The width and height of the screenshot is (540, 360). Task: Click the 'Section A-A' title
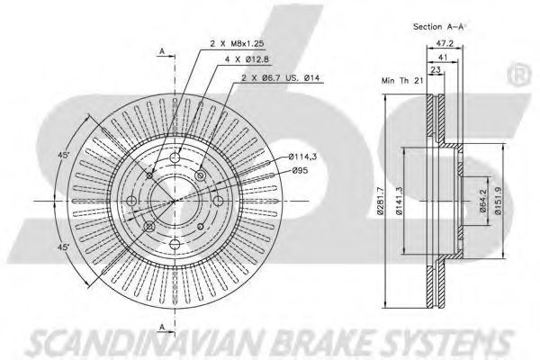pos(439,26)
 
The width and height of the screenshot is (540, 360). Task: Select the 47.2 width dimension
pos(445,44)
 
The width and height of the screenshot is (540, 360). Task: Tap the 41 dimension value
pos(443,58)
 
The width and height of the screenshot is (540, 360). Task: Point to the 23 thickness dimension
pos(436,70)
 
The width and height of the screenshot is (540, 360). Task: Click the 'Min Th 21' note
pos(402,81)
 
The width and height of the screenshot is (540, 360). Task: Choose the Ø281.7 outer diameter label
pos(380,201)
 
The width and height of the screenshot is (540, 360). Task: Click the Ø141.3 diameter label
pos(399,201)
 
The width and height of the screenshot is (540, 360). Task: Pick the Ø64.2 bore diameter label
pos(482,201)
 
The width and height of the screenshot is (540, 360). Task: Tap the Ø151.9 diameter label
pos(499,201)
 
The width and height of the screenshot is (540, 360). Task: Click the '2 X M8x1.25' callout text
pos(237,44)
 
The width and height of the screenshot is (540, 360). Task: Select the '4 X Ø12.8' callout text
pos(247,59)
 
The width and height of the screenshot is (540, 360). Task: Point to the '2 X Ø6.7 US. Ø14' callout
pos(280,78)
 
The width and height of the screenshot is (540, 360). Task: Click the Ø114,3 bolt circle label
pos(302,157)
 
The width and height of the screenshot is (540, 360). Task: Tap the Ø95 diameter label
pos(301,170)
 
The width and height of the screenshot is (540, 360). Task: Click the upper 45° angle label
pos(64,155)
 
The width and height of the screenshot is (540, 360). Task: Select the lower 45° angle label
pos(63,247)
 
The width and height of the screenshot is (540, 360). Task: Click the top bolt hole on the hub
pos(175,158)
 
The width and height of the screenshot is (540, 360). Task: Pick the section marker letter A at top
pos(162,51)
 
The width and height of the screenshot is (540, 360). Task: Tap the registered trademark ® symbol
pos(519,74)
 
